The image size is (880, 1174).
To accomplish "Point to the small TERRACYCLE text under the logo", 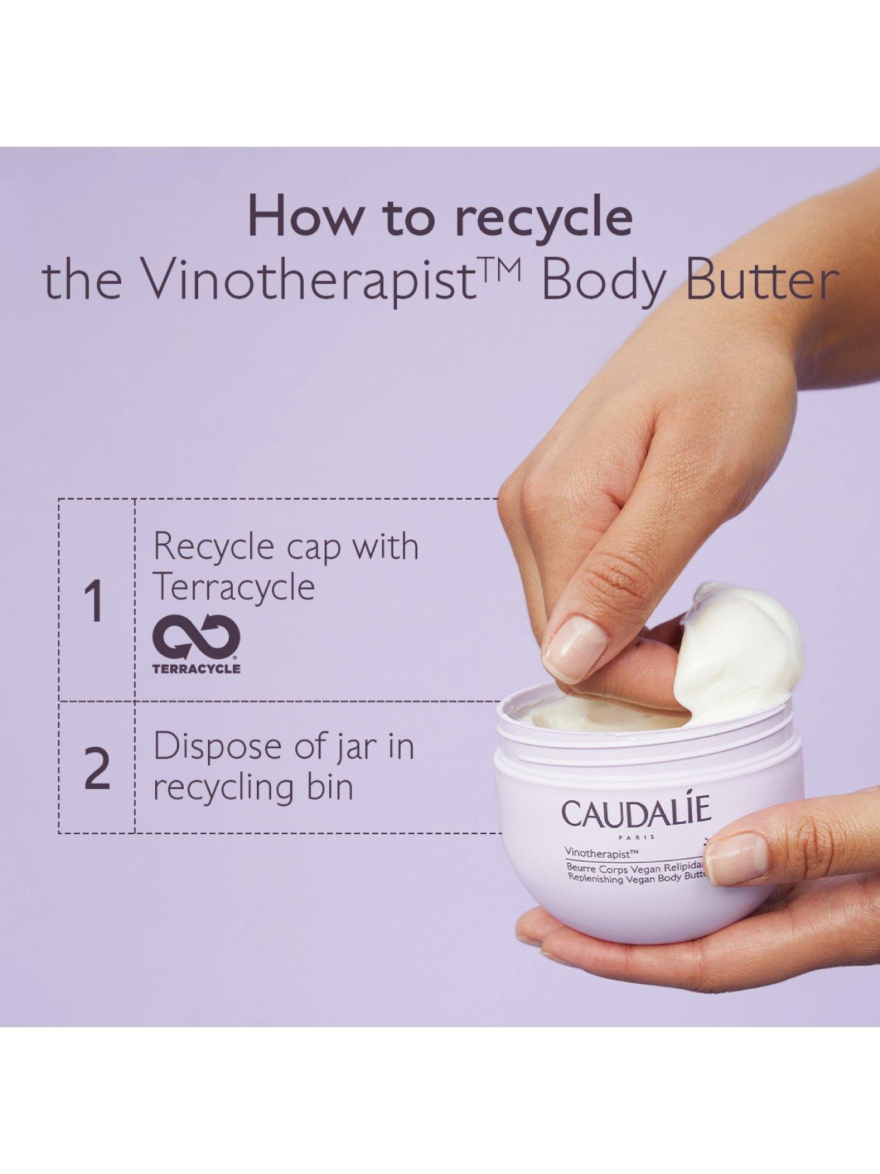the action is click(196, 669).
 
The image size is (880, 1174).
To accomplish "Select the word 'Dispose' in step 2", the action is click(222, 747).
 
